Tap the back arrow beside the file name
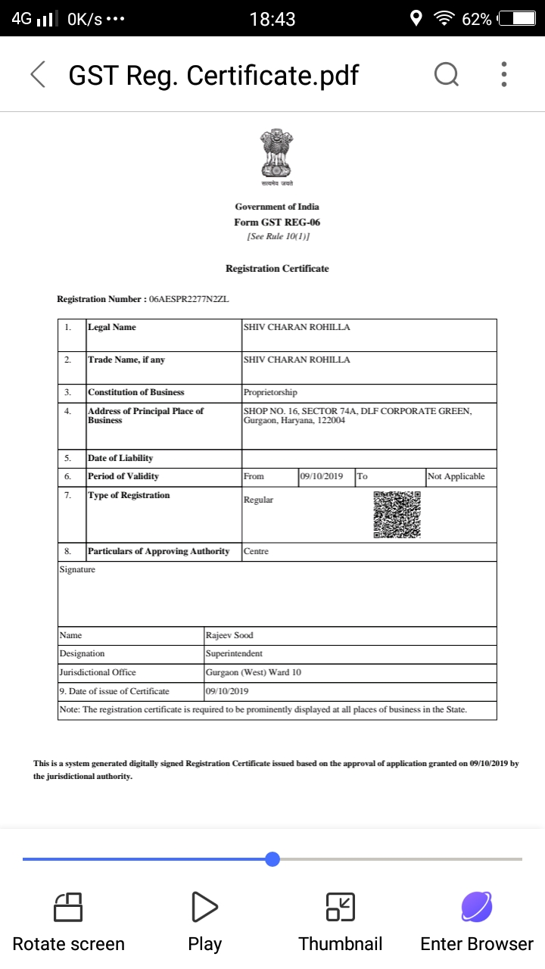[x=38, y=74]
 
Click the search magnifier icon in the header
[x=447, y=74]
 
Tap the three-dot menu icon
[x=504, y=74]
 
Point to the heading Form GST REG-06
[x=277, y=222]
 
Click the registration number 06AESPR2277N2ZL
[x=189, y=299]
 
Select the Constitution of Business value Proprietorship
[x=270, y=392]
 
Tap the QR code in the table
[x=397, y=515]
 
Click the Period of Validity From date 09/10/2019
[x=322, y=476]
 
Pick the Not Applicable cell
[x=456, y=476]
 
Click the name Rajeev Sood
[x=229, y=635]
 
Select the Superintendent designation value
[x=234, y=653]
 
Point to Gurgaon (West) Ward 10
[x=253, y=672]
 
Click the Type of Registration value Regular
[x=258, y=500]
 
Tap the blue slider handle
[x=272, y=859]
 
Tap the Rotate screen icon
[x=68, y=906]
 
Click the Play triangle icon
[x=204, y=906]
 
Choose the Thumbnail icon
[x=341, y=906]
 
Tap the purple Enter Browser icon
[x=477, y=906]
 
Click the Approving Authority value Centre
[x=256, y=551]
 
